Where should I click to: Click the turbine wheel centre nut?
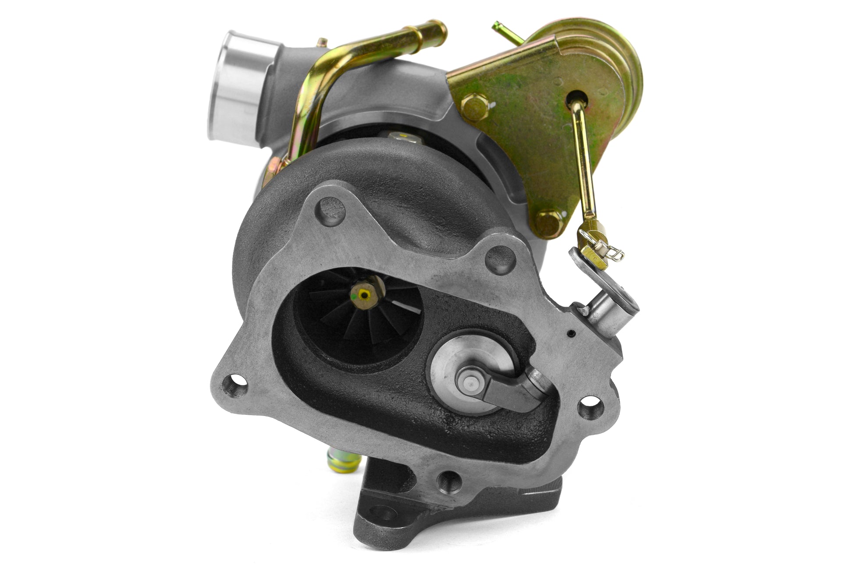click(x=364, y=294)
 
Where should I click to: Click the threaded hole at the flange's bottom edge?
click(x=448, y=481)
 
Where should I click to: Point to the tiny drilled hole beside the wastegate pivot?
click(x=570, y=334)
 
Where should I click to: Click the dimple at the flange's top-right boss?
click(x=500, y=259)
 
